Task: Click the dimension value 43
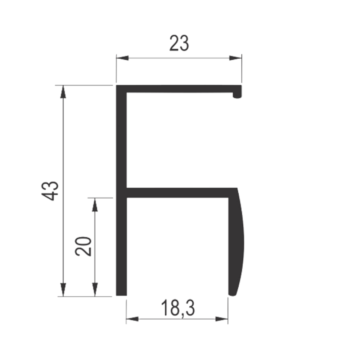[x=50, y=191]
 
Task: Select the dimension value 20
[x=83, y=246]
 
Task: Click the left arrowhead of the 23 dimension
[x=122, y=58]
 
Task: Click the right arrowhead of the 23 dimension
[x=235, y=58]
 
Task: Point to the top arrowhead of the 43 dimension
[x=63, y=91]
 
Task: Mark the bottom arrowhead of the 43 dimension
[x=63, y=290]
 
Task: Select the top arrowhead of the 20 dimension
[x=95, y=204]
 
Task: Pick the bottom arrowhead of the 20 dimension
[x=95, y=290]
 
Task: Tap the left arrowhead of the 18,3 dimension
[x=132, y=319]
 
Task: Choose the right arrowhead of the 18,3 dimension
[x=221, y=319]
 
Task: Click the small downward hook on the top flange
[x=237, y=95]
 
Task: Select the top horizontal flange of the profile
[x=179, y=89]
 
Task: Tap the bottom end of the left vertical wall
[x=121, y=296]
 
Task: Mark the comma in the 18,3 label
[x=182, y=316]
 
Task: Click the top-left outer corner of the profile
[x=116, y=85]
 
